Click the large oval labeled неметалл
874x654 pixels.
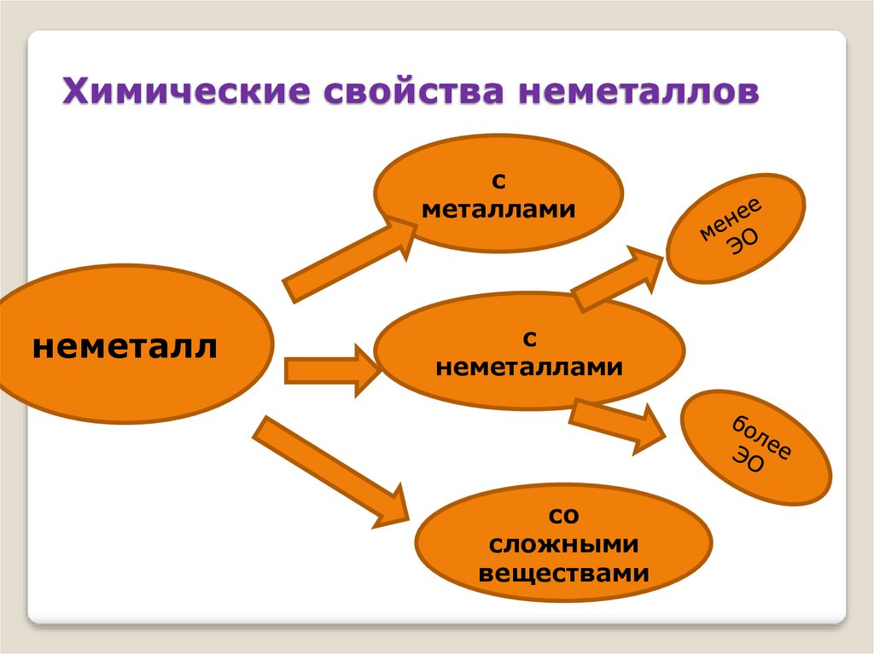pyautogui.click(x=128, y=345)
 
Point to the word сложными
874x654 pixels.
pyautogui.click(x=563, y=544)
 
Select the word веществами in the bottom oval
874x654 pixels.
pyautogui.click(x=563, y=572)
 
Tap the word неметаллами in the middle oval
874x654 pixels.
pyautogui.click(x=529, y=368)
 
